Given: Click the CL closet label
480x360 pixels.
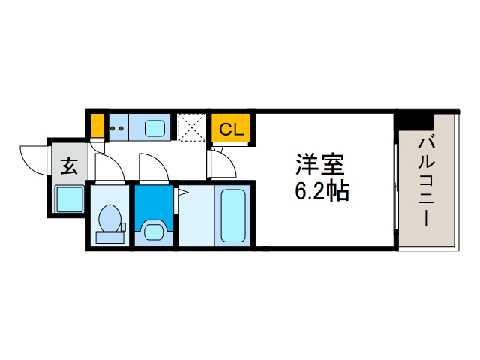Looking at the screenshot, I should click(231, 129).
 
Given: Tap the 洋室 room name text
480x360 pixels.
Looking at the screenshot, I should click(319, 164).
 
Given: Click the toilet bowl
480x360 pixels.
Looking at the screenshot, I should click(110, 220).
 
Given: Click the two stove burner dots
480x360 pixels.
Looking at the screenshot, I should click(117, 128).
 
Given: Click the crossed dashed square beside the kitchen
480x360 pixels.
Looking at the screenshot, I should click(191, 127).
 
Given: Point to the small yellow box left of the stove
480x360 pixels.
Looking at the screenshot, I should click(97, 125).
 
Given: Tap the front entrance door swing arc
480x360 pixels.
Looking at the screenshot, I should click(32, 157).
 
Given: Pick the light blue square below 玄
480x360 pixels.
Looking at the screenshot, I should click(69, 199).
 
